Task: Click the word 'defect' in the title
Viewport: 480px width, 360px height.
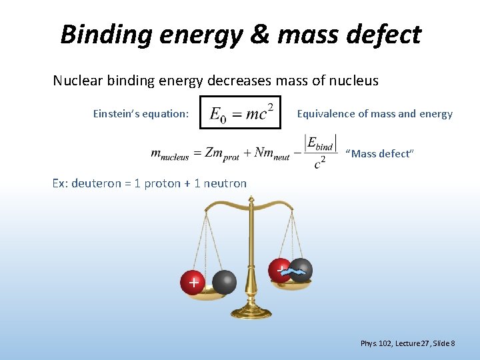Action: click(x=383, y=34)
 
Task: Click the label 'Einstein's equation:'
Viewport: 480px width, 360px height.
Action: click(x=141, y=114)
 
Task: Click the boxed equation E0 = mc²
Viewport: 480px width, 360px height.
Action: click(x=241, y=113)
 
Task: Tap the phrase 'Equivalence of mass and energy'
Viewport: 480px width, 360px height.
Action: click(x=375, y=114)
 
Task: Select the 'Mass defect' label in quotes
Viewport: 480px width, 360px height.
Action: click(x=380, y=154)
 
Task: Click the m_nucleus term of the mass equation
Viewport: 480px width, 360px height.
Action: click(x=170, y=154)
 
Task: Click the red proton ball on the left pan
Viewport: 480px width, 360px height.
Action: click(x=193, y=282)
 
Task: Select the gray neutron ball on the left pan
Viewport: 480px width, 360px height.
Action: click(x=225, y=282)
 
